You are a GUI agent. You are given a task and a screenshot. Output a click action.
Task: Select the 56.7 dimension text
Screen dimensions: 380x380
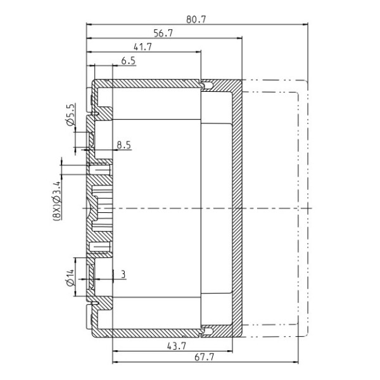tap(163, 34)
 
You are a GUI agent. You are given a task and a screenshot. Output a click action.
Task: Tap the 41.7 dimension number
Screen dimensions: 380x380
tap(142, 47)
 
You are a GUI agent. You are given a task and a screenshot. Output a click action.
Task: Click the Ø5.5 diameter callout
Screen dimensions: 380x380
tap(71, 115)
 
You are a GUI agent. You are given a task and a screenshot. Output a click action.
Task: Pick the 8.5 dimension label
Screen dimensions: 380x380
tap(123, 145)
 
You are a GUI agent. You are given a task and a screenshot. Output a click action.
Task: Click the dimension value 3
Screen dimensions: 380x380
tap(123, 274)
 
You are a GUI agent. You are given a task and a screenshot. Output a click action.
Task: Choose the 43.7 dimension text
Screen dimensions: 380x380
tap(175, 346)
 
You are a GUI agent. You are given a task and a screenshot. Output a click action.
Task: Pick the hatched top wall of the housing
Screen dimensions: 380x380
tap(152, 82)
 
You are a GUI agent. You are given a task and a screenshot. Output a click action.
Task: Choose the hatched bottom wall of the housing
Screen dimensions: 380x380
tap(152, 332)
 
